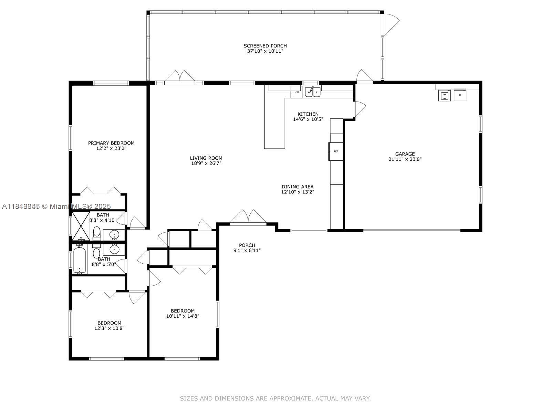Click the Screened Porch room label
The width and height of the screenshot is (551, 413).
[265, 46]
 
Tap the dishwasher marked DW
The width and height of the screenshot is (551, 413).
[297, 92]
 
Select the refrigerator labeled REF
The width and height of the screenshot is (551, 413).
[336, 151]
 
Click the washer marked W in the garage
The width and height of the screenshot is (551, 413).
[444, 95]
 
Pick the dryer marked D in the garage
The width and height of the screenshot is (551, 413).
[460, 95]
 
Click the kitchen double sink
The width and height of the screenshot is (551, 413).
[313, 92]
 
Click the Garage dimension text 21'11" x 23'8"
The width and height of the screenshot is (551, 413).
[405, 159]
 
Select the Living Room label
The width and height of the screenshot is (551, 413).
[206, 158]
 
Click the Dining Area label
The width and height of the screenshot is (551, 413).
[298, 187]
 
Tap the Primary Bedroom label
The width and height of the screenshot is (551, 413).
[111, 143]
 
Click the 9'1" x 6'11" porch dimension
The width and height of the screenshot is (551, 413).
[247, 251]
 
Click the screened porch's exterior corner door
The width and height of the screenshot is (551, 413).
[391, 24]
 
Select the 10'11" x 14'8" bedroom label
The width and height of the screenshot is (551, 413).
[183, 313]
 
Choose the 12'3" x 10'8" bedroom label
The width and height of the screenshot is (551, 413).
[109, 326]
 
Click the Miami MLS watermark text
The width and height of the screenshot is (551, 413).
[57, 206]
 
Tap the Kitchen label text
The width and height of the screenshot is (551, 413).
[308, 114]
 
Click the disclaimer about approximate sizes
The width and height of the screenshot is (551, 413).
[275, 399]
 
